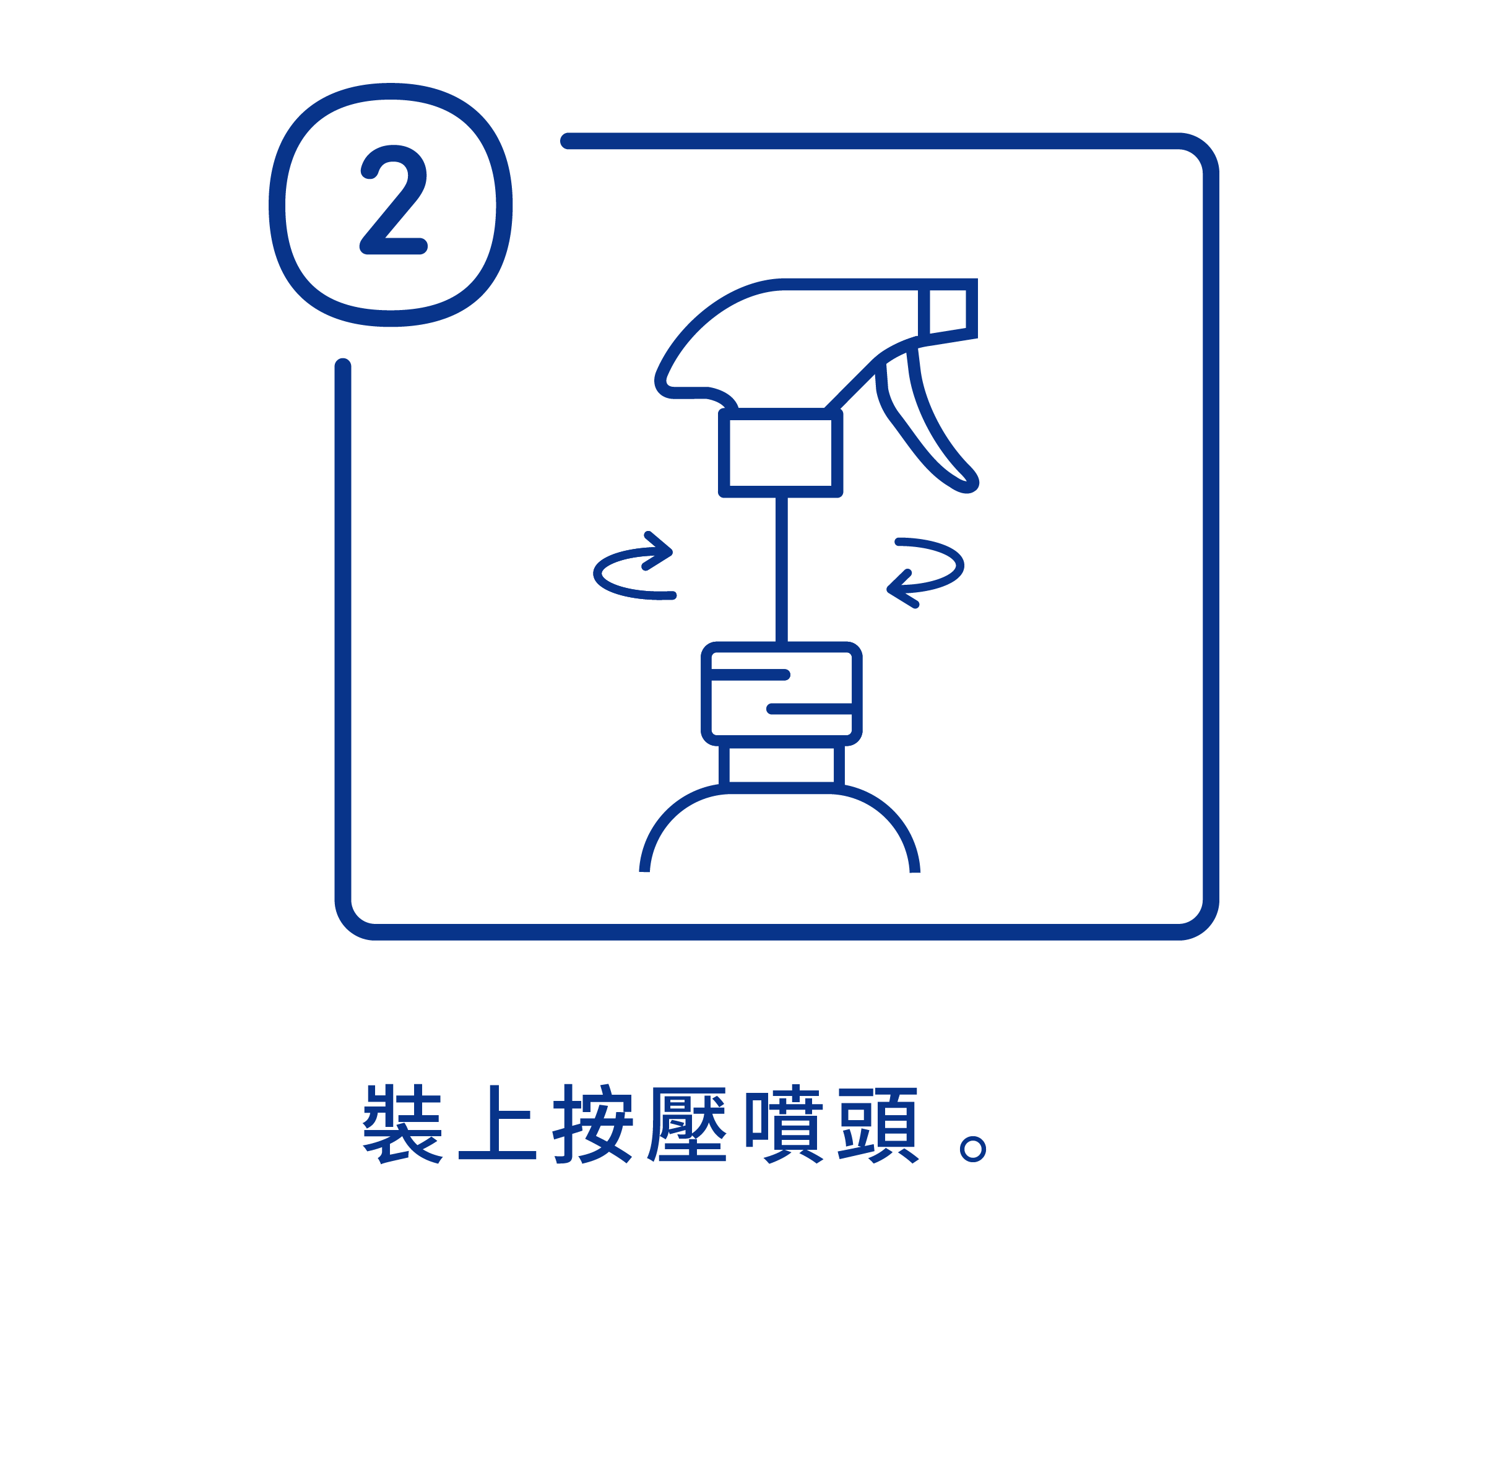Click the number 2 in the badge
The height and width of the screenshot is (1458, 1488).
[393, 200]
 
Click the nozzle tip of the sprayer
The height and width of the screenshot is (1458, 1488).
[948, 309]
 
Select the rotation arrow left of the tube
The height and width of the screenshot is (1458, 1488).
[633, 567]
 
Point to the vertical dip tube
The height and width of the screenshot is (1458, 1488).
[781, 570]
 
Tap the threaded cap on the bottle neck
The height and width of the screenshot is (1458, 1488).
[781, 694]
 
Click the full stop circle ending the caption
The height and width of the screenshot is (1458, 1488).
[972, 1149]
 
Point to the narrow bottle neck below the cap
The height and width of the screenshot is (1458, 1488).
[781, 764]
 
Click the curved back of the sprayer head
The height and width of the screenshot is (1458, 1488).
[690, 337]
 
